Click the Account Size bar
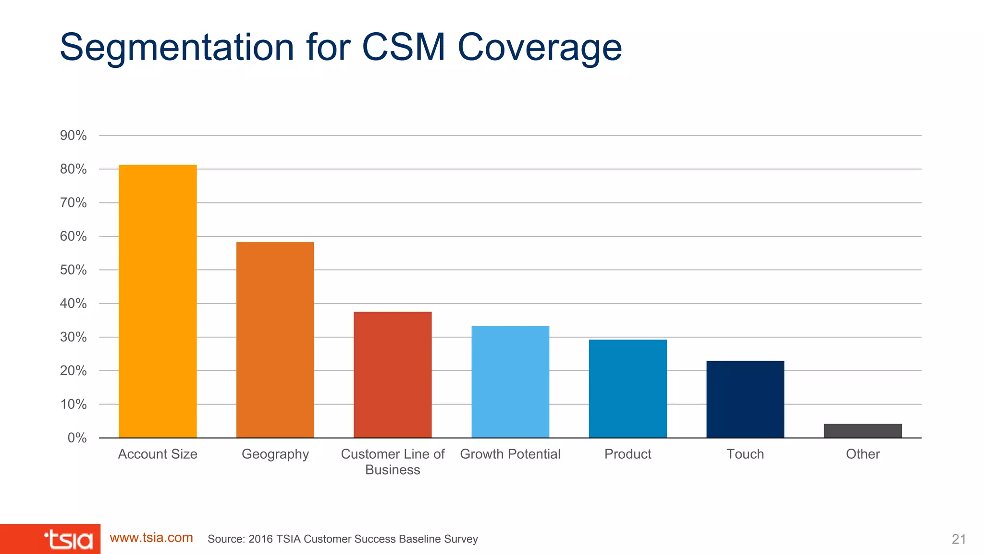tap(158, 301)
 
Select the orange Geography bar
tap(275, 340)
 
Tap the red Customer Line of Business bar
tap(393, 375)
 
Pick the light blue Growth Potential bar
tap(510, 382)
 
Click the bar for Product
tap(627, 389)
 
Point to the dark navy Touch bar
tap(745, 399)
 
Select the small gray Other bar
tap(862, 430)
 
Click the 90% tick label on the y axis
tap(73, 136)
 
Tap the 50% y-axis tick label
tap(73, 270)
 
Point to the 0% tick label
tap(77, 438)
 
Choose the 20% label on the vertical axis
tap(73, 371)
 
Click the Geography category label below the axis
tap(275, 454)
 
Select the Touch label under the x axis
tap(745, 454)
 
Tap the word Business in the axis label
tap(393, 470)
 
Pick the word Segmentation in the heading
tap(177, 48)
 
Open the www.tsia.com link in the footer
tap(151, 538)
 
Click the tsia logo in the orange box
tap(68, 540)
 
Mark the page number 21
tap(959, 539)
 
